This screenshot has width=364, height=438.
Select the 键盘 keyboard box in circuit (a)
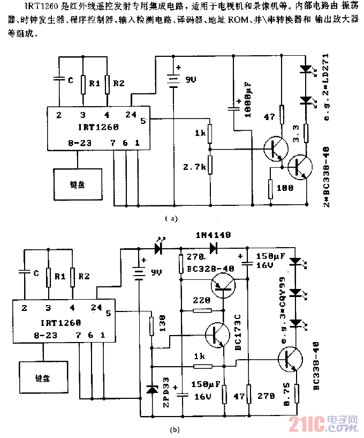(77, 183)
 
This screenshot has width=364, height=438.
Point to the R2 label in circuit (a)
(119, 83)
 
